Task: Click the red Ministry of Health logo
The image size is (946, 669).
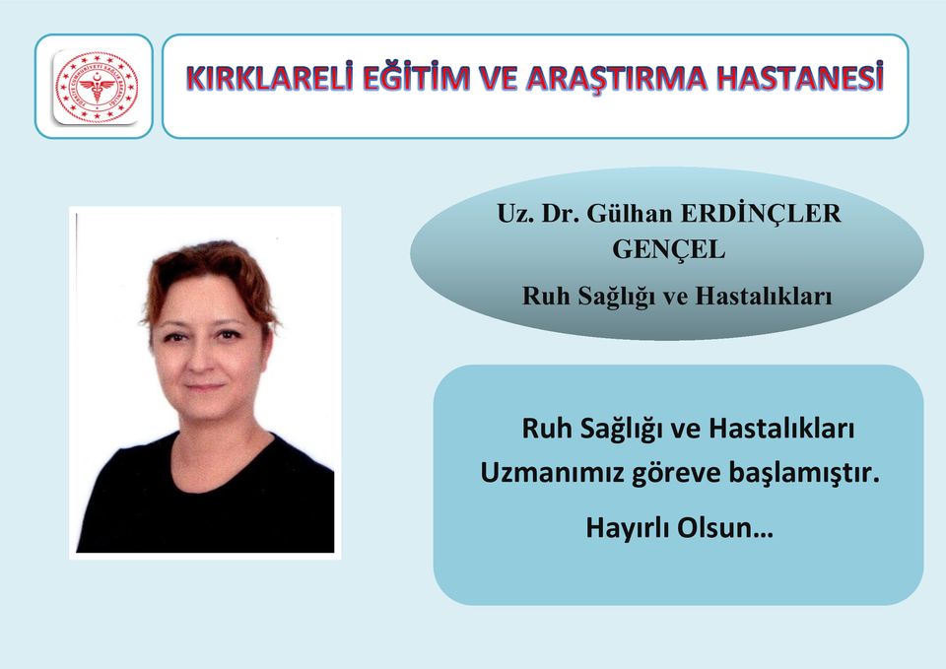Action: pyautogui.click(x=97, y=88)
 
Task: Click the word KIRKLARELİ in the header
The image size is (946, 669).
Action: pyautogui.click(x=269, y=78)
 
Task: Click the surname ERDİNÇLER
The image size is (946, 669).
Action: pyautogui.click(x=761, y=214)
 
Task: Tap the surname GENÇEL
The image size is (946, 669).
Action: pyautogui.click(x=668, y=249)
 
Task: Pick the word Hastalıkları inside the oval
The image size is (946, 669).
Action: pyautogui.click(x=764, y=297)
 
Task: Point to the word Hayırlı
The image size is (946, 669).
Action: pyautogui.click(x=628, y=528)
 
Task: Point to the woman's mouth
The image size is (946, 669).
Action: pyautogui.click(x=204, y=386)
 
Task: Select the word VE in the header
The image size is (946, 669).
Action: pyautogui.click(x=499, y=78)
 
